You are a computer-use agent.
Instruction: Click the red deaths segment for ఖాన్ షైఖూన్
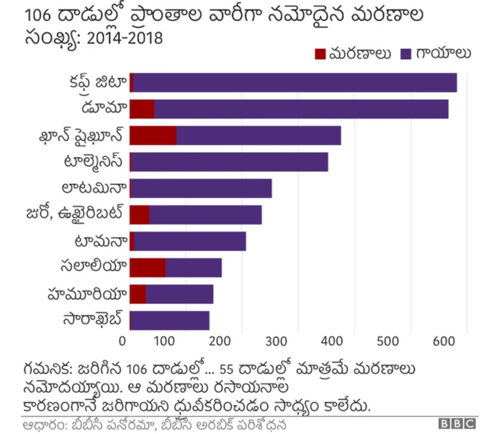[x=153, y=135]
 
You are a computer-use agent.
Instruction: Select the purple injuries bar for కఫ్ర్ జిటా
[x=295, y=82]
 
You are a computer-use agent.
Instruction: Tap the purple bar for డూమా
[x=301, y=108]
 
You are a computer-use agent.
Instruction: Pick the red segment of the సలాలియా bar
[x=147, y=267]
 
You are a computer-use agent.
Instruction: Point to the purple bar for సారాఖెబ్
[x=170, y=320]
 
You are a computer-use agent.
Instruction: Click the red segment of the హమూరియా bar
[x=138, y=294]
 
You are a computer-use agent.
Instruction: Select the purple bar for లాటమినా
[x=202, y=188]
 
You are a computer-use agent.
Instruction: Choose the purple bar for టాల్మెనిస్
[x=230, y=161]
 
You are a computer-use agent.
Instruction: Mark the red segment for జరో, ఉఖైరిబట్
[x=139, y=214]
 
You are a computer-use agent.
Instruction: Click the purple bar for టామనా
[x=190, y=241]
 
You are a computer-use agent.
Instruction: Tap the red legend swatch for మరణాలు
[x=321, y=54]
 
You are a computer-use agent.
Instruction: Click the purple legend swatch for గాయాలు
[x=405, y=54]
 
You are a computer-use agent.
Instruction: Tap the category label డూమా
[x=103, y=108]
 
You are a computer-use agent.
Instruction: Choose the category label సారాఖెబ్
[x=93, y=320]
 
